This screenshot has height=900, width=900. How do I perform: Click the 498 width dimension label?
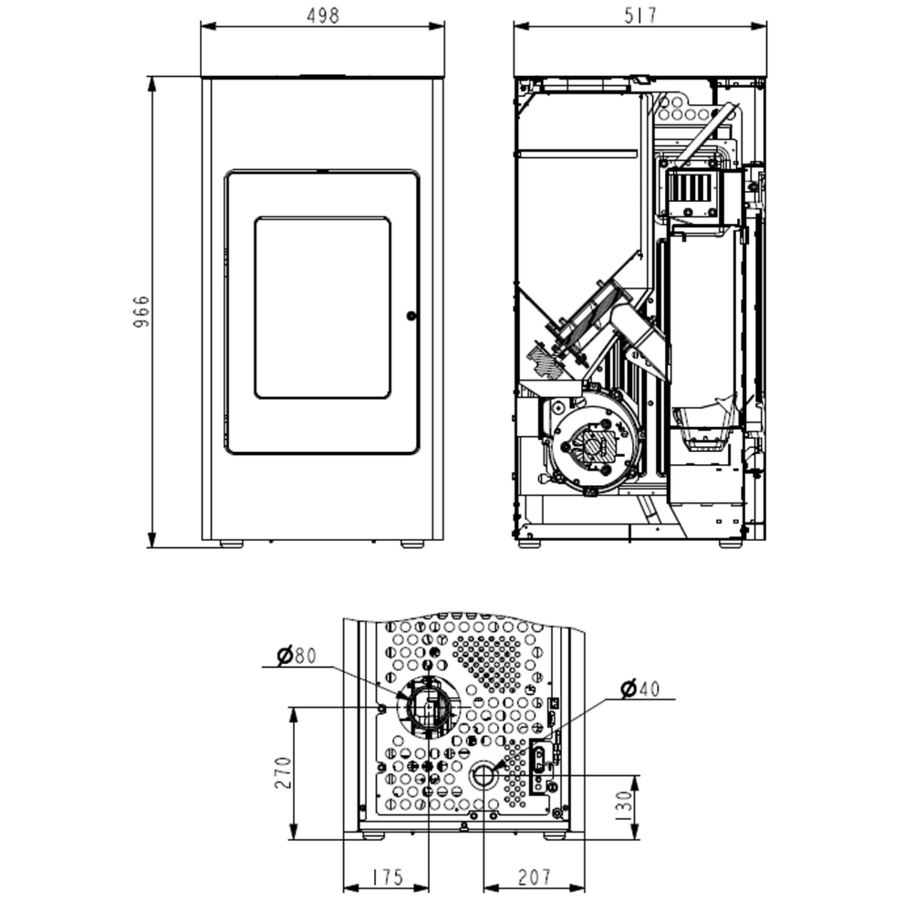click(x=323, y=16)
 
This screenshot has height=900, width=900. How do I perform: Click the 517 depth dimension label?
click(x=640, y=16)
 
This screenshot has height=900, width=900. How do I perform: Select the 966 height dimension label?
click(x=141, y=311)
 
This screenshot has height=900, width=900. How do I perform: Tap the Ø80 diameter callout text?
click(x=296, y=656)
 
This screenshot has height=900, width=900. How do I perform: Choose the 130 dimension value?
click(x=624, y=806)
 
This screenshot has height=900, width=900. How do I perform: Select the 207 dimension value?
click(x=533, y=877)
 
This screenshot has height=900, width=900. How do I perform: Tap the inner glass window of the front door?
click(x=323, y=308)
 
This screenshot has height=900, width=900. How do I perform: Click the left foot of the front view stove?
click(x=231, y=544)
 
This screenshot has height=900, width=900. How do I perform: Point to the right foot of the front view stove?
click(x=412, y=544)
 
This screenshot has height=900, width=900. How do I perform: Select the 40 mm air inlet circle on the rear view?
click(x=483, y=778)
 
